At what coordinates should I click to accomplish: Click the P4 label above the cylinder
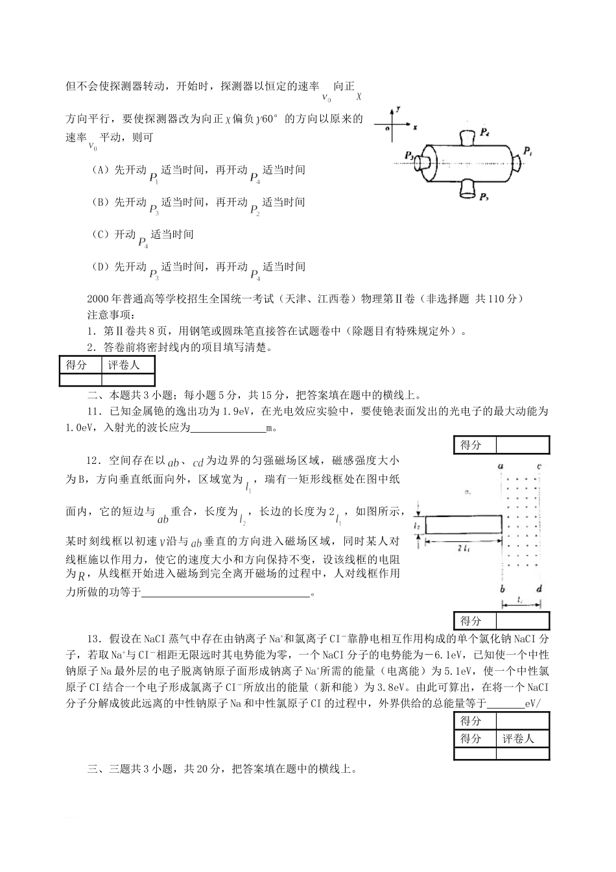click(484, 132)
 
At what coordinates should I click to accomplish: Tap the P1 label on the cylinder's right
click(528, 151)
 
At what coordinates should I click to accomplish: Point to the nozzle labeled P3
click(422, 162)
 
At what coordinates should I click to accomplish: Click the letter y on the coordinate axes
click(397, 110)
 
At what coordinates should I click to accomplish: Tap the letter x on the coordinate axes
click(415, 127)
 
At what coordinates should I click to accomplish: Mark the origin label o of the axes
click(387, 128)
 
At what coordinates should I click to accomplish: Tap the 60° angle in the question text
click(269, 119)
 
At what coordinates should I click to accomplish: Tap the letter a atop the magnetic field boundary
click(501, 466)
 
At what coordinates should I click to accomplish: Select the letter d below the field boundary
click(539, 588)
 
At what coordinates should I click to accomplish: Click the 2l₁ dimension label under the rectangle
click(463, 548)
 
